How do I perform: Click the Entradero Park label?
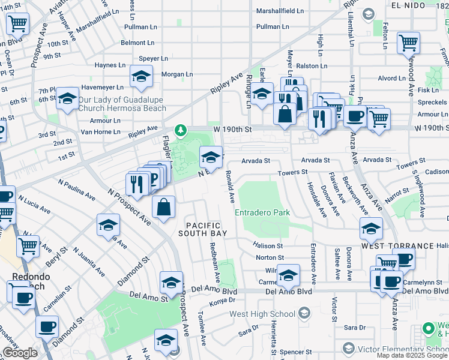point(262,212)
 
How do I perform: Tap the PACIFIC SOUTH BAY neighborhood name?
point(209,229)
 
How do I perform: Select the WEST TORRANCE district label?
point(397,246)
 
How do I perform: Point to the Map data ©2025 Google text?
point(412,355)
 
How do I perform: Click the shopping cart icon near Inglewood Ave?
point(408,43)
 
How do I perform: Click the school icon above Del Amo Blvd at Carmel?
point(289,275)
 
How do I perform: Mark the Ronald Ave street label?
point(229,185)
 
